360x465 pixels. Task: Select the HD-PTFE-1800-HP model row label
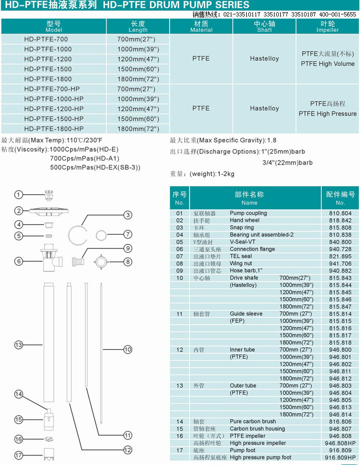[x=53, y=129]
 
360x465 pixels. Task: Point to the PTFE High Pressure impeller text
[x=327, y=114]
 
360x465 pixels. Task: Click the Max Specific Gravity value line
[x=223, y=140]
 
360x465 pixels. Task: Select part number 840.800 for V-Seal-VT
[x=340, y=242]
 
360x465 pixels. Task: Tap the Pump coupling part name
[x=248, y=213]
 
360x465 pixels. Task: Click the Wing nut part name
[x=241, y=263]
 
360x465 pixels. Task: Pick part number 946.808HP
[x=340, y=443]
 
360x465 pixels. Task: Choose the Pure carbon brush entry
[x=253, y=421]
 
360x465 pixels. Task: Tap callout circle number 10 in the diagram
[x=128, y=349]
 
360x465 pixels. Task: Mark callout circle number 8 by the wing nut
[x=128, y=261]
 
